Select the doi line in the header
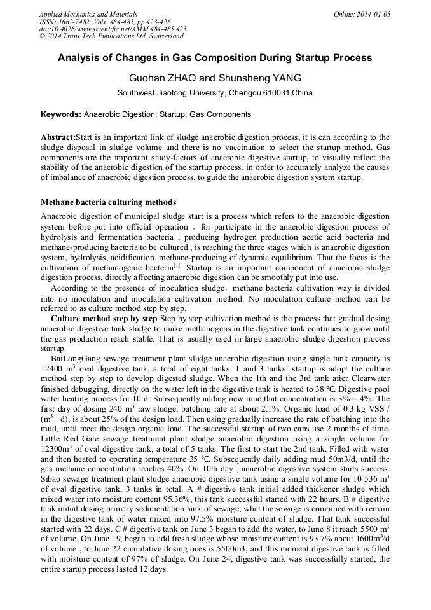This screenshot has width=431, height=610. [x=113, y=29]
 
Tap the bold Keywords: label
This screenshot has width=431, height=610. [x=61, y=115]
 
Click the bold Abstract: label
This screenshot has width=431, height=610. [x=58, y=137]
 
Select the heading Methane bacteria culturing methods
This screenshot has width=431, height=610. [x=104, y=202]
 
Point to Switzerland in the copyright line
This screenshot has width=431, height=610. [x=164, y=36]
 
